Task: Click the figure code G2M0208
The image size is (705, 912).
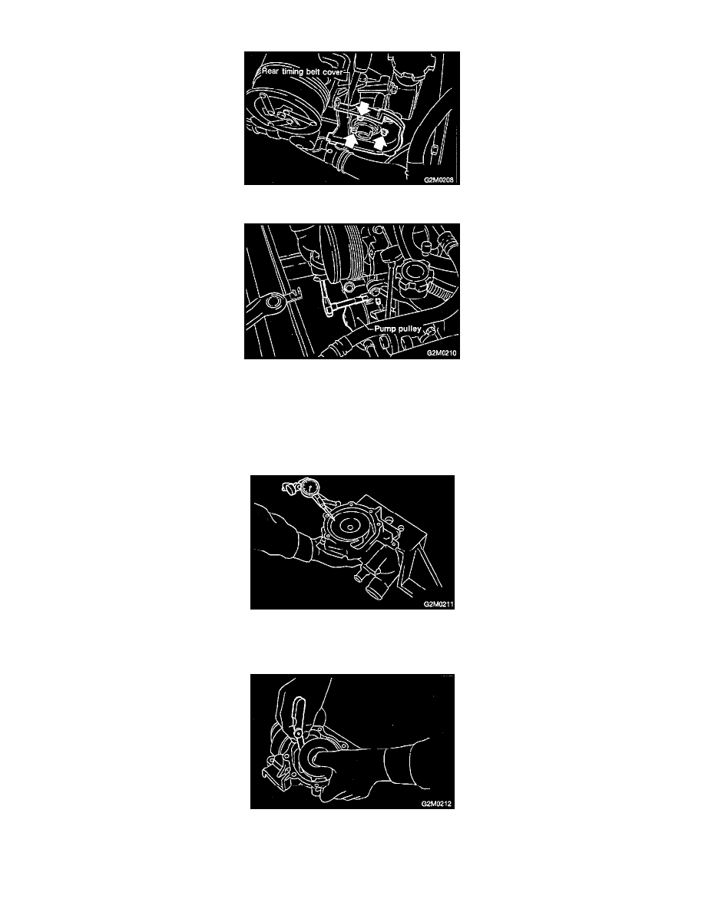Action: coord(439,180)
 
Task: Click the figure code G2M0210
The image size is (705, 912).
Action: coord(442,353)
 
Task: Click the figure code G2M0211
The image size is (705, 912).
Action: coord(439,604)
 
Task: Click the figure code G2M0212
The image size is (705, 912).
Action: coord(436,804)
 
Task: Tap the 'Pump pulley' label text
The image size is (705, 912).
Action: coord(397,329)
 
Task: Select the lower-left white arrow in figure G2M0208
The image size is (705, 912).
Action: coord(350,140)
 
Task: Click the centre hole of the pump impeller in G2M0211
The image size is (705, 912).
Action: coord(350,529)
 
